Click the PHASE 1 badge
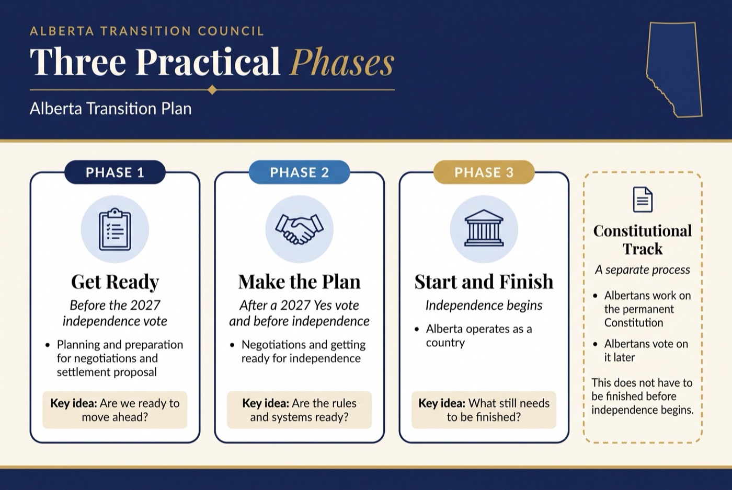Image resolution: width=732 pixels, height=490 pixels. pyautogui.click(x=115, y=172)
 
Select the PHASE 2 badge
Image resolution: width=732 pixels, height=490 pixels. pyautogui.click(x=299, y=172)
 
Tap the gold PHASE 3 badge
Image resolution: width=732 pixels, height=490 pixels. pyautogui.click(x=484, y=172)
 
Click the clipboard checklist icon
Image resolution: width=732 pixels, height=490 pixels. pyautogui.click(x=115, y=229)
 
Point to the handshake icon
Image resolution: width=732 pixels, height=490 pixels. pyautogui.click(x=299, y=229)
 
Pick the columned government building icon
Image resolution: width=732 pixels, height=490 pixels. pyautogui.click(x=484, y=228)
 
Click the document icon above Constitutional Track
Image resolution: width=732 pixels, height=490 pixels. pyautogui.click(x=643, y=200)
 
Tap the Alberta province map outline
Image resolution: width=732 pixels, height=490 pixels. pyautogui.click(x=674, y=69)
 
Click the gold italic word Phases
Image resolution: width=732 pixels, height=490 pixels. pyautogui.click(x=342, y=62)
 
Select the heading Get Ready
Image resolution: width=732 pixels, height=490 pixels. pyautogui.click(x=115, y=282)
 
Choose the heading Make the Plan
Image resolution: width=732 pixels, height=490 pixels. pyautogui.click(x=299, y=282)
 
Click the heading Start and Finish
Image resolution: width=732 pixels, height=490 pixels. pyautogui.click(x=484, y=282)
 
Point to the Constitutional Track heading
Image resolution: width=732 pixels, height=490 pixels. pyautogui.click(x=643, y=240)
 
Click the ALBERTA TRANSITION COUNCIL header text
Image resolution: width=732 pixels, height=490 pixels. pyautogui.click(x=147, y=31)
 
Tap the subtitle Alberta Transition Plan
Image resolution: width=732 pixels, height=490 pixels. pyautogui.click(x=110, y=109)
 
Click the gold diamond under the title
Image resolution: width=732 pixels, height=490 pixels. pyautogui.click(x=212, y=89)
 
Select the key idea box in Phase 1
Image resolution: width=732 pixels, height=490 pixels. pyautogui.click(x=115, y=410)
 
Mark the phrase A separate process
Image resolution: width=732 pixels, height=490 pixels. pyautogui.click(x=643, y=270)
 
